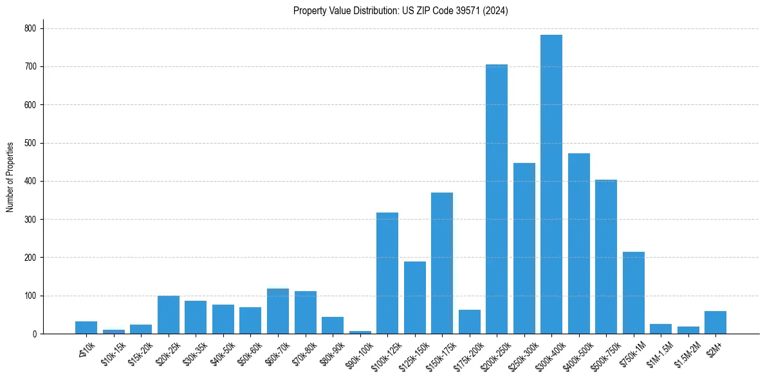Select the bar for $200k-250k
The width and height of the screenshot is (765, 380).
coord(497,199)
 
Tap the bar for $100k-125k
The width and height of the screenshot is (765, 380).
coord(387,273)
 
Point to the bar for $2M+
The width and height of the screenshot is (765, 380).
coord(715,322)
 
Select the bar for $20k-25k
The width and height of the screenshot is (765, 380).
coord(169,315)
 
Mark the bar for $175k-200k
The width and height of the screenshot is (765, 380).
coord(470,321)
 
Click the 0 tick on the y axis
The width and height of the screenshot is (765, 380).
coord(35,334)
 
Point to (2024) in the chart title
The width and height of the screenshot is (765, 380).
coord(496,11)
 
